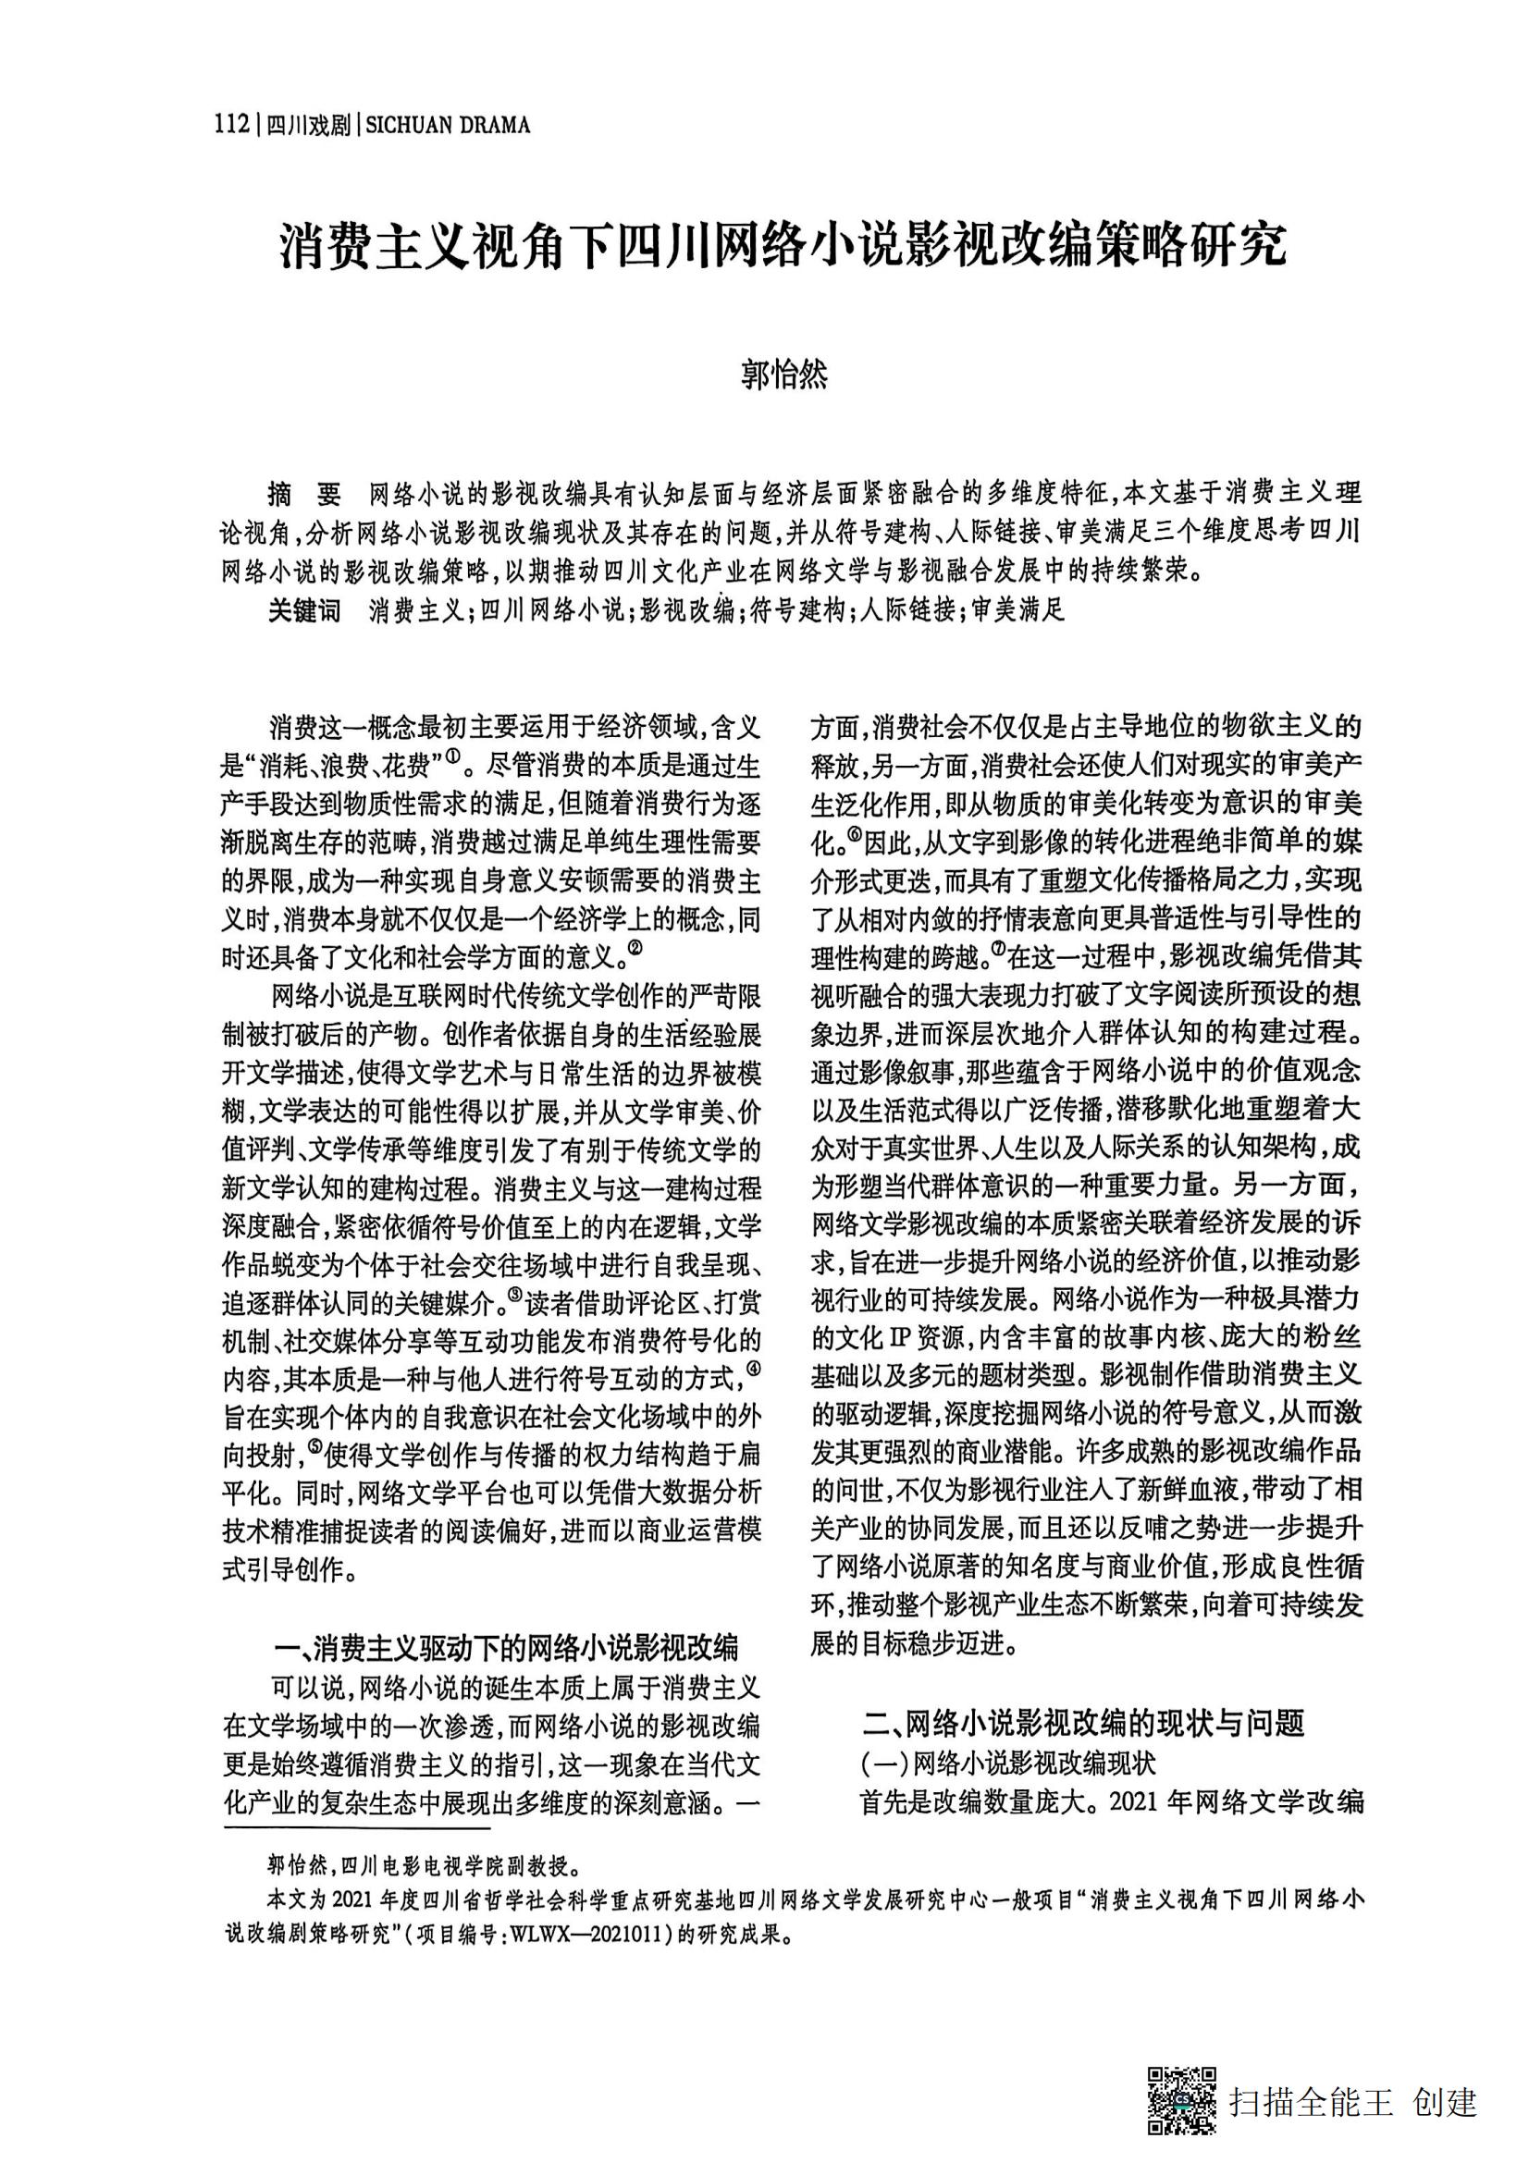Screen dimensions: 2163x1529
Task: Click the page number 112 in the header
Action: pos(231,123)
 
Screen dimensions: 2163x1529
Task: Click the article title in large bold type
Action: pos(782,246)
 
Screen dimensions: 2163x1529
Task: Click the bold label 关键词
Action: pos(303,610)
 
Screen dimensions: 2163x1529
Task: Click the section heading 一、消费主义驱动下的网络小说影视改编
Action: pos(505,1647)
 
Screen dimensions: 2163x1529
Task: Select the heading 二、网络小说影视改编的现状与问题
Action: pos(1084,1722)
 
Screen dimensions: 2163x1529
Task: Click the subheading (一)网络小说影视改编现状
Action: pos(1008,1762)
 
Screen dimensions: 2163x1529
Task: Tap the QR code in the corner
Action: pos(1180,2099)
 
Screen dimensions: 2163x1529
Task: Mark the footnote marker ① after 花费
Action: pos(453,757)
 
